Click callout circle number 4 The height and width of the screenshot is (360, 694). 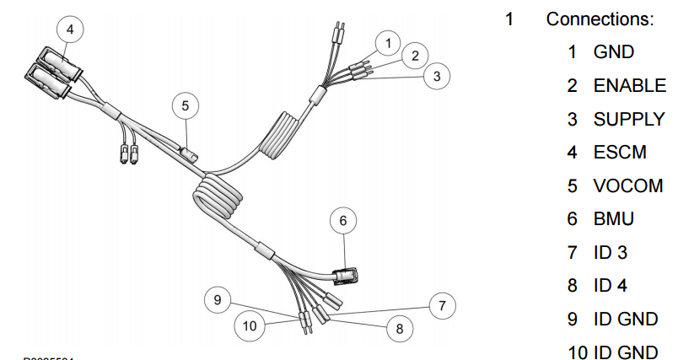coord(70,30)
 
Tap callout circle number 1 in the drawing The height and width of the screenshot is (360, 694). coord(387,41)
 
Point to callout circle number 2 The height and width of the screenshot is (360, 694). coord(414,56)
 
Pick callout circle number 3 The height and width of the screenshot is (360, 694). coord(436,77)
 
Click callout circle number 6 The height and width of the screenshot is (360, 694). coord(342,221)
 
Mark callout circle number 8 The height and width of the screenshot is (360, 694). coord(400,328)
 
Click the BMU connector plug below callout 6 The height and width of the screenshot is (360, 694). coord(346,276)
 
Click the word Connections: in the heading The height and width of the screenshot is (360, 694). coord(600,19)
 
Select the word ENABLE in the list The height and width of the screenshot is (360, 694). coord(629,85)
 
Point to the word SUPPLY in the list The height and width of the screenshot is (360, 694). coord(628,119)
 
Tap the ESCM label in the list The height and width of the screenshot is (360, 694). coord(620,153)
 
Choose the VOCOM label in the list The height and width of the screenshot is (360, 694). coord(627,185)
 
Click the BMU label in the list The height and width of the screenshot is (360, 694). coord(613,219)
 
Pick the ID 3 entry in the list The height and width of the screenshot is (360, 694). coord(611,252)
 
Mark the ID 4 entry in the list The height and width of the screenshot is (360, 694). coord(611,286)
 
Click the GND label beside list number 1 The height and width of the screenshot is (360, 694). coord(613,52)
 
